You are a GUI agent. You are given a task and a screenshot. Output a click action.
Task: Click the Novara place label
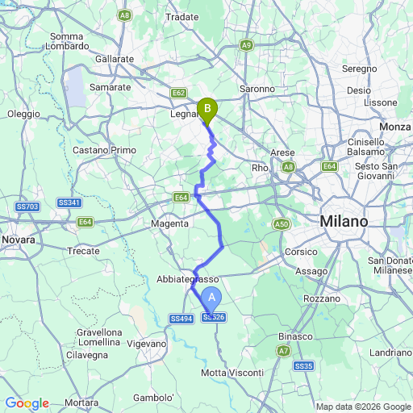(x=19, y=240)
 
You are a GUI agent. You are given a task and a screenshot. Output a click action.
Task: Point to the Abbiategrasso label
(x=187, y=279)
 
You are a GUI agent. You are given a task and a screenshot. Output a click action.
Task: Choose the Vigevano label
(x=146, y=344)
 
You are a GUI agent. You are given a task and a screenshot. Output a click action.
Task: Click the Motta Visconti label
(x=232, y=372)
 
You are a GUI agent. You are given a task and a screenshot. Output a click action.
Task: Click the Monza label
(x=395, y=127)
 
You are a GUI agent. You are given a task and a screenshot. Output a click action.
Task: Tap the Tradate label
(x=181, y=16)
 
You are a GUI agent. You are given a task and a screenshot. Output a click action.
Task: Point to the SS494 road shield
(x=181, y=319)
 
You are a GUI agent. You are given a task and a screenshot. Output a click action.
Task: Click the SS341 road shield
(x=68, y=202)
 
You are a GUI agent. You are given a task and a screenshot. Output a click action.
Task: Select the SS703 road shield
(x=27, y=207)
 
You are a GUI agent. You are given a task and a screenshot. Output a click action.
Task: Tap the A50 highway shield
(x=281, y=223)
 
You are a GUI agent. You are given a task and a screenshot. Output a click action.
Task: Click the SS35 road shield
(x=303, y=366)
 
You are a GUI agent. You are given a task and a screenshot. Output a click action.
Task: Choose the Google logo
(x=27, y=403)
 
